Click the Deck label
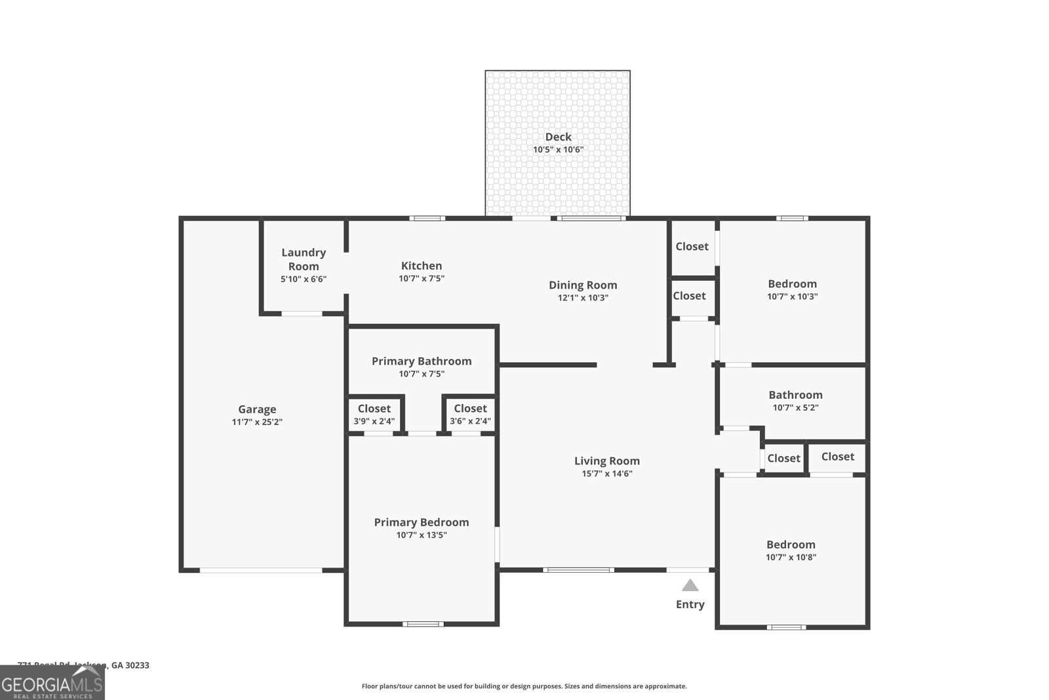558,136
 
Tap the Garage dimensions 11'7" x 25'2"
257,422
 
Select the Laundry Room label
304,259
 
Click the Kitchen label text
422,266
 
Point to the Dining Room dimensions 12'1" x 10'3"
583,297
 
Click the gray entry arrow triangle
690,585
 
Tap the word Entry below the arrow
690,604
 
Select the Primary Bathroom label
422,361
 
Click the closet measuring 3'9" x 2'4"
374,415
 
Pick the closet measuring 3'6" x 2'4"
470,415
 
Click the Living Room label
606,461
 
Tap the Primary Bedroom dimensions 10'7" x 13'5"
422,535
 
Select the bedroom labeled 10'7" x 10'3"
792,289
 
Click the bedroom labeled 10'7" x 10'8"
791,550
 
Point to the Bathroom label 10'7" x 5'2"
795,400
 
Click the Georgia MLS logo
52,684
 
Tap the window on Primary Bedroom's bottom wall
423,623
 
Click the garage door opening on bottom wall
261,570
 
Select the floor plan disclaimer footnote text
524,686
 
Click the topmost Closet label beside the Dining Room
692,247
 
